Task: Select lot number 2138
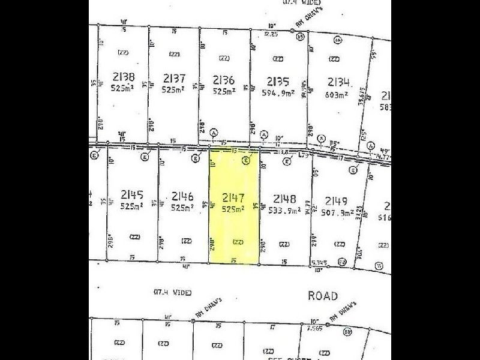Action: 122,77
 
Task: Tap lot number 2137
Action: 173,77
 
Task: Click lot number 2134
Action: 338,82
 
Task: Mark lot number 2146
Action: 182,196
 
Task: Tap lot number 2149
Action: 336,200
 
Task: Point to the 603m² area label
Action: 338,95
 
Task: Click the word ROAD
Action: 323,296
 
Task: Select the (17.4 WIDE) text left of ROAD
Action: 172,292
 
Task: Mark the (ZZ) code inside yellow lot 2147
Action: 238,241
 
